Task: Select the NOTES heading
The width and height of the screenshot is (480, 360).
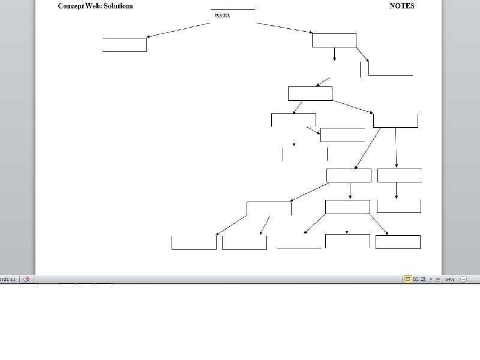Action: coord(401,6)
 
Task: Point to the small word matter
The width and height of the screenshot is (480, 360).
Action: coord(222,14)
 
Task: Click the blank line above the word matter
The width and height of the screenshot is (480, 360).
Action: coord(233,9)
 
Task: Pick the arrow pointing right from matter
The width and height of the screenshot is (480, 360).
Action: coord(284,28)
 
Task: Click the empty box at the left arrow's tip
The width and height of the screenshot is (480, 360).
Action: coord(125,44)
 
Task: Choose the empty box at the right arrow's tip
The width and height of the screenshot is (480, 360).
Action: coord(334,40)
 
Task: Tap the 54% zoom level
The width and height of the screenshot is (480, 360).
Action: coord(449,279)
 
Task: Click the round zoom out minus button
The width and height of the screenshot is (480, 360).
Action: coord(463,279)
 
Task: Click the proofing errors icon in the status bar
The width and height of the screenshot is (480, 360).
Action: coord(26,279)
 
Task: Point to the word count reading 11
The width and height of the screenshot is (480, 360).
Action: coord(8,279)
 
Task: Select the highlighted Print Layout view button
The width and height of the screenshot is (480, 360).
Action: coord(408,279)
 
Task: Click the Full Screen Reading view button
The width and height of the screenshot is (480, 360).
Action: coord(416,279)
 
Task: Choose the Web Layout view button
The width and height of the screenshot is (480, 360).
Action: coord(423,279)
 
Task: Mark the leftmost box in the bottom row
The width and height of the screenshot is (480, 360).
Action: coord(194,242)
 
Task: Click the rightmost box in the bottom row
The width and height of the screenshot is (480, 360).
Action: coord(398,242)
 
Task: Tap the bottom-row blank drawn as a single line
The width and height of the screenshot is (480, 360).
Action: coord(299,247)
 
